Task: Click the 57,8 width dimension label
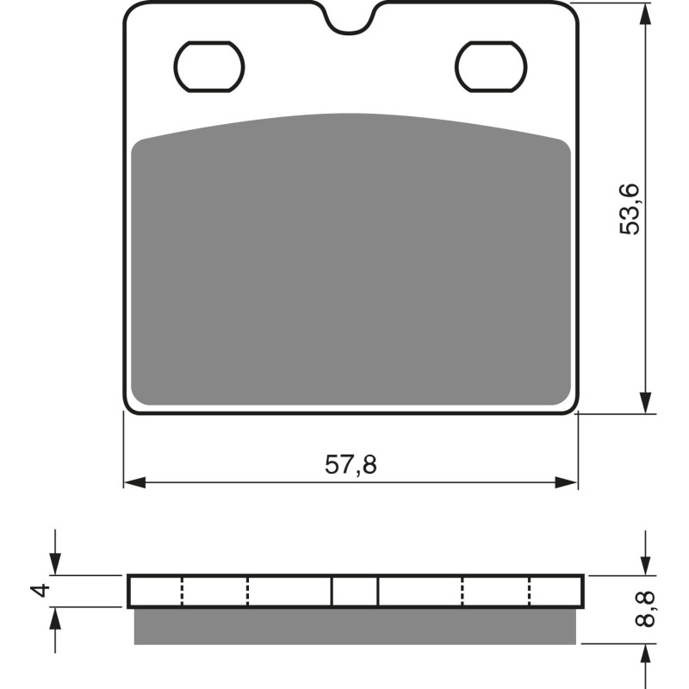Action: click(351, 465)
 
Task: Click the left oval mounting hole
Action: click(209, 65)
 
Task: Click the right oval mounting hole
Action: click(490, 65)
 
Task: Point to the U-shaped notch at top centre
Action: click(351, 22)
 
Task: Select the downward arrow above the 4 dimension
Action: click(56, 565)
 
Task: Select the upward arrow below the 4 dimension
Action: click(56, 617)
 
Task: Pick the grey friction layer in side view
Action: click(354, 626)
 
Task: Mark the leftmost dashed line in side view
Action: click(183, 591)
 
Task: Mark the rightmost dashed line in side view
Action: click(529, 591)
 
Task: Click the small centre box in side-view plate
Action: click(355, 591)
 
